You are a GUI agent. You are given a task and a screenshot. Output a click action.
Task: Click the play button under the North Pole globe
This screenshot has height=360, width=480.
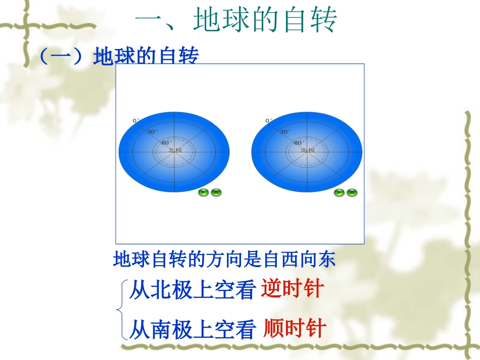pyautogui.click(x=203, y=192)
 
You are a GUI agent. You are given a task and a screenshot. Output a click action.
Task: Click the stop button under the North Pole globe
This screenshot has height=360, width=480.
pyautogui.click(x=216, y=192)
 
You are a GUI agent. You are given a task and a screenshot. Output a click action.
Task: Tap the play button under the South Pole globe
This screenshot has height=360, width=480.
pyautogui.click(x=339, y=192)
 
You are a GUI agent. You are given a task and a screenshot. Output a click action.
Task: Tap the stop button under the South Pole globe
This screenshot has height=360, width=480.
pyautogui.click(x=352, y=192)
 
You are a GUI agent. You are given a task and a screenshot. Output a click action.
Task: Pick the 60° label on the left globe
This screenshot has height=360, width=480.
pyautogui.click(x=166, y=142)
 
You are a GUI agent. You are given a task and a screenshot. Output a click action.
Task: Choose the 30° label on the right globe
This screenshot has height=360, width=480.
pyautogui.click(x=285, y=132)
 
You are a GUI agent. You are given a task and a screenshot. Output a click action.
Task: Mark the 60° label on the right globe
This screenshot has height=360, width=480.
pyautogui.click(x=299, y=142)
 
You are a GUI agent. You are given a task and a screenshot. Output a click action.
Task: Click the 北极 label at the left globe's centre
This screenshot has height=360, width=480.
pyautogui.click(x=175, y=150)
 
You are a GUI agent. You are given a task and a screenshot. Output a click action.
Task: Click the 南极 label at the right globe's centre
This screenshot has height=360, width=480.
pyautogui.click(x=308, y=150)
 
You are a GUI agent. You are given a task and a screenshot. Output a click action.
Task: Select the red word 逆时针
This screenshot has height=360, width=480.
pyautogui.click(x=292, y=290)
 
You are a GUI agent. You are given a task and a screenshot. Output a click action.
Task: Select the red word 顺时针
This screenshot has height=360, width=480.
pyautogui.click(x=295, y=329)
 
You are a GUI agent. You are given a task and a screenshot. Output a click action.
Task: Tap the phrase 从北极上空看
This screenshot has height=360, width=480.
pyautogui.click(x=192, y=291)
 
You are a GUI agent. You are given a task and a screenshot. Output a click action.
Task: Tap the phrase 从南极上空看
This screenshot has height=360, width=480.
pyautogui.click(x=192, y=330)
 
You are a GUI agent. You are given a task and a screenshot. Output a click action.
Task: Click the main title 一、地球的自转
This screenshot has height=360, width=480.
pyautogui.click(x=236, y=21)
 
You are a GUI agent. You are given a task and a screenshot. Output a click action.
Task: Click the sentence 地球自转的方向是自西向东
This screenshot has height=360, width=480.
pyautogui.click(x=224, y=260)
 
